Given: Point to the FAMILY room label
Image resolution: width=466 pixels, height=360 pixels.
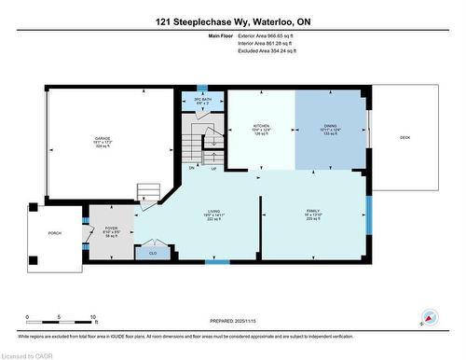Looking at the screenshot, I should tap(313, 212).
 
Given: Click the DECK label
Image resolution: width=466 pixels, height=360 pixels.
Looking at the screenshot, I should tap(404, 137).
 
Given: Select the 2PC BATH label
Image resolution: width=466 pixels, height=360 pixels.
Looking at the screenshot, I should tap(203, 98).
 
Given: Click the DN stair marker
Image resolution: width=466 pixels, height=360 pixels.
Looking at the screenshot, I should tap(192, 168).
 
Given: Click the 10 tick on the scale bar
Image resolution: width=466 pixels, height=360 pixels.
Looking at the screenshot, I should tap(94, 318).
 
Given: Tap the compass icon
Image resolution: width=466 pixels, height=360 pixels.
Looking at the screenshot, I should tap(430, 317).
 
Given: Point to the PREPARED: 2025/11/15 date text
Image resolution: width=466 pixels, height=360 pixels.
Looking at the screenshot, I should tap(232, 322).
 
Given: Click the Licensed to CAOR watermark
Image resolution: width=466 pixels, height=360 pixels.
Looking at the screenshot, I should tap(30, 353).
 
